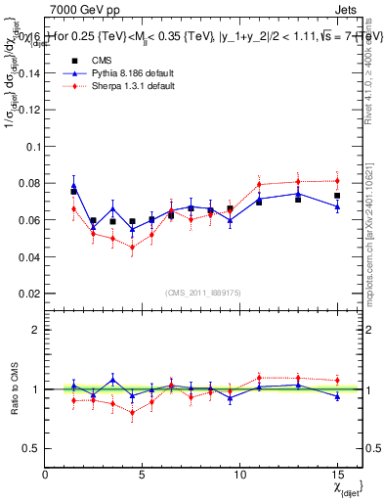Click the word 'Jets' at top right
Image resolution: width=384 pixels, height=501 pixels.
click(348, 9)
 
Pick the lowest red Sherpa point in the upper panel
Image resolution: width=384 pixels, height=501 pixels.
click(132, 247)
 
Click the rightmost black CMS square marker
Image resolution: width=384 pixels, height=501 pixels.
click(336, 196)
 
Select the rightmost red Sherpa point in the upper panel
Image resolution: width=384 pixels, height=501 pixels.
click(336, 181)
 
